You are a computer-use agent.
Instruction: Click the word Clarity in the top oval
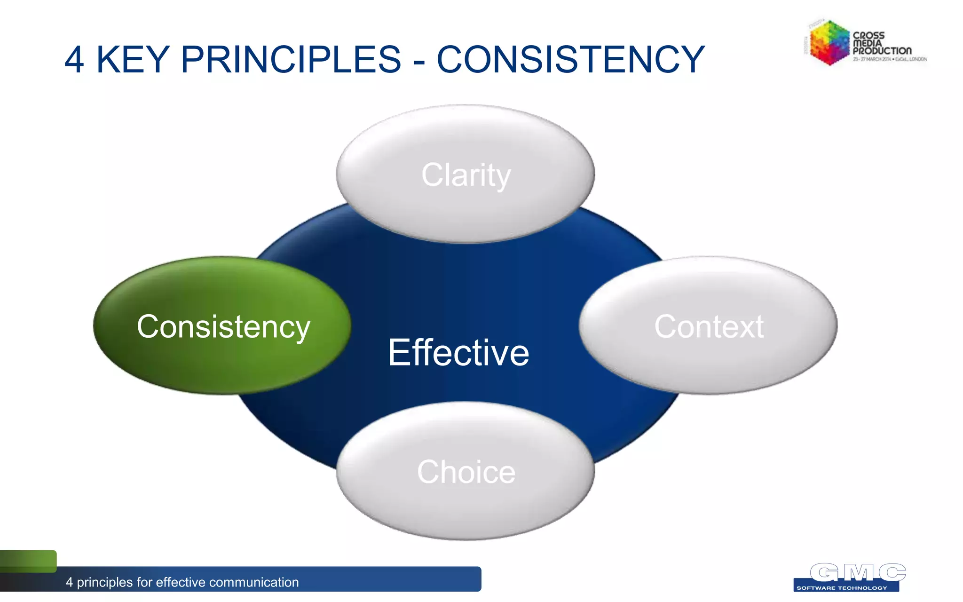[x=466, y=175]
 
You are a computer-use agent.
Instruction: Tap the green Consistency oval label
[x=223, y=327]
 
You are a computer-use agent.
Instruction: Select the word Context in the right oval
[x=709, y=326]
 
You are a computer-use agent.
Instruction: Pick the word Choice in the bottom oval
[x=466, y=472]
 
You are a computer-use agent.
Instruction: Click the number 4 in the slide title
[x=74, y=60]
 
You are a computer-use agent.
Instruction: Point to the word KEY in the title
[x=133, y=60]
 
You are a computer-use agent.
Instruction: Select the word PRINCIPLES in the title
[x=291, y=60]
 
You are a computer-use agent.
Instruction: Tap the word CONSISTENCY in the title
[x=570, y=60]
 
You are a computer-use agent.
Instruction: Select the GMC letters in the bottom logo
[x=858, y=572]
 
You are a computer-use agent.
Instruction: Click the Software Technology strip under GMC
[x=842, y=588]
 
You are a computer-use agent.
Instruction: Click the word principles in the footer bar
[x=104, y=582]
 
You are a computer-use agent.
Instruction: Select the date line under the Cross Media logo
[x=890, y=59]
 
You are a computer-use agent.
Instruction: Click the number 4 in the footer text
[x=69, y=582]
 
